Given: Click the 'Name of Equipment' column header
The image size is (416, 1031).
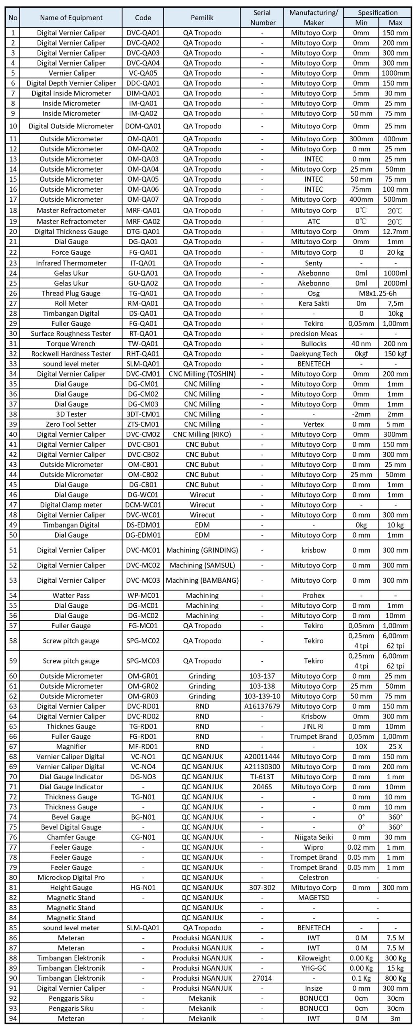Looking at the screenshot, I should point(71,18).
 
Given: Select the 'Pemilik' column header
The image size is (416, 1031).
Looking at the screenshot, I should point(202,18).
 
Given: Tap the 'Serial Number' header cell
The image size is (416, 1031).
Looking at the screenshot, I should point(262,18).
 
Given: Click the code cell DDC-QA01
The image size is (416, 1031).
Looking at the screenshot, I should point(143,83).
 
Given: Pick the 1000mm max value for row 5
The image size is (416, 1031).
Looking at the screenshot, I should point(395,73).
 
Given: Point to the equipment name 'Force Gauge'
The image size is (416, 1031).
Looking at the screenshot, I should point(71,253).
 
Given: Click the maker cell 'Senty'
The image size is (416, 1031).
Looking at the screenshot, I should point(313,263).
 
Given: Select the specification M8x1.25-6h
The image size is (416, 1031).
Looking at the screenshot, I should point(378,293).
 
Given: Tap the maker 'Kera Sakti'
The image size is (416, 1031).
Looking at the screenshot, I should point(313,303).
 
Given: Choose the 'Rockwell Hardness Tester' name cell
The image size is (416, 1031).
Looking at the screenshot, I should point(71,354).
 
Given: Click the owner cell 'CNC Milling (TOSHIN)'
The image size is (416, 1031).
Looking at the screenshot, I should point(202,374).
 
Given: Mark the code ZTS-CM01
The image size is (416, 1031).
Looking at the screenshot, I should point(143,424).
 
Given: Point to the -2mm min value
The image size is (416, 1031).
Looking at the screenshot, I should point(361,414).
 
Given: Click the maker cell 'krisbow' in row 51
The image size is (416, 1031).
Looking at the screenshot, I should point(313,550).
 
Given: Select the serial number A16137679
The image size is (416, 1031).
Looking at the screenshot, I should point(262,706).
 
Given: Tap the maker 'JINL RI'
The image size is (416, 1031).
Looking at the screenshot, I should point(313,726).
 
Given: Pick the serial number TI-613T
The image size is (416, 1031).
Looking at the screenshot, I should point(262,776).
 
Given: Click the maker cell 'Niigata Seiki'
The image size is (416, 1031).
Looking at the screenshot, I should point(313,837).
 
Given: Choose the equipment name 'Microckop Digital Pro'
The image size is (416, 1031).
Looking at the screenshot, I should point(71,877).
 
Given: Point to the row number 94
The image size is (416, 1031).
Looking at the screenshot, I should point(13,1018).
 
